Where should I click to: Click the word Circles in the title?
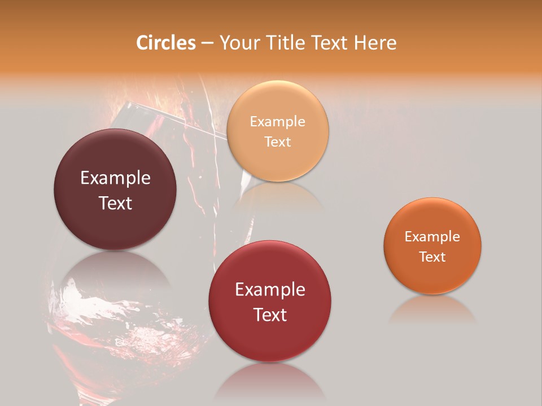(166, 43)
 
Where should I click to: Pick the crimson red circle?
(270, 338)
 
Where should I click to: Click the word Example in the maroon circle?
(115, 178)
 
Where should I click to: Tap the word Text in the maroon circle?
(115, 203)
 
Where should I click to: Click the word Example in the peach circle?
(277, 121)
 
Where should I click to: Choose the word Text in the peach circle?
(277, 142)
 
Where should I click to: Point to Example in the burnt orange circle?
(432, 236)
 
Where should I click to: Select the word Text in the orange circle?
(432, 257)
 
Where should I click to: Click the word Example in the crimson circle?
(270, 290)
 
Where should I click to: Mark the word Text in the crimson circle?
(270, 315)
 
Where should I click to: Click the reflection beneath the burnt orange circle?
(432, 310)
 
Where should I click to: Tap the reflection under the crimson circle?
(270, 383)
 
